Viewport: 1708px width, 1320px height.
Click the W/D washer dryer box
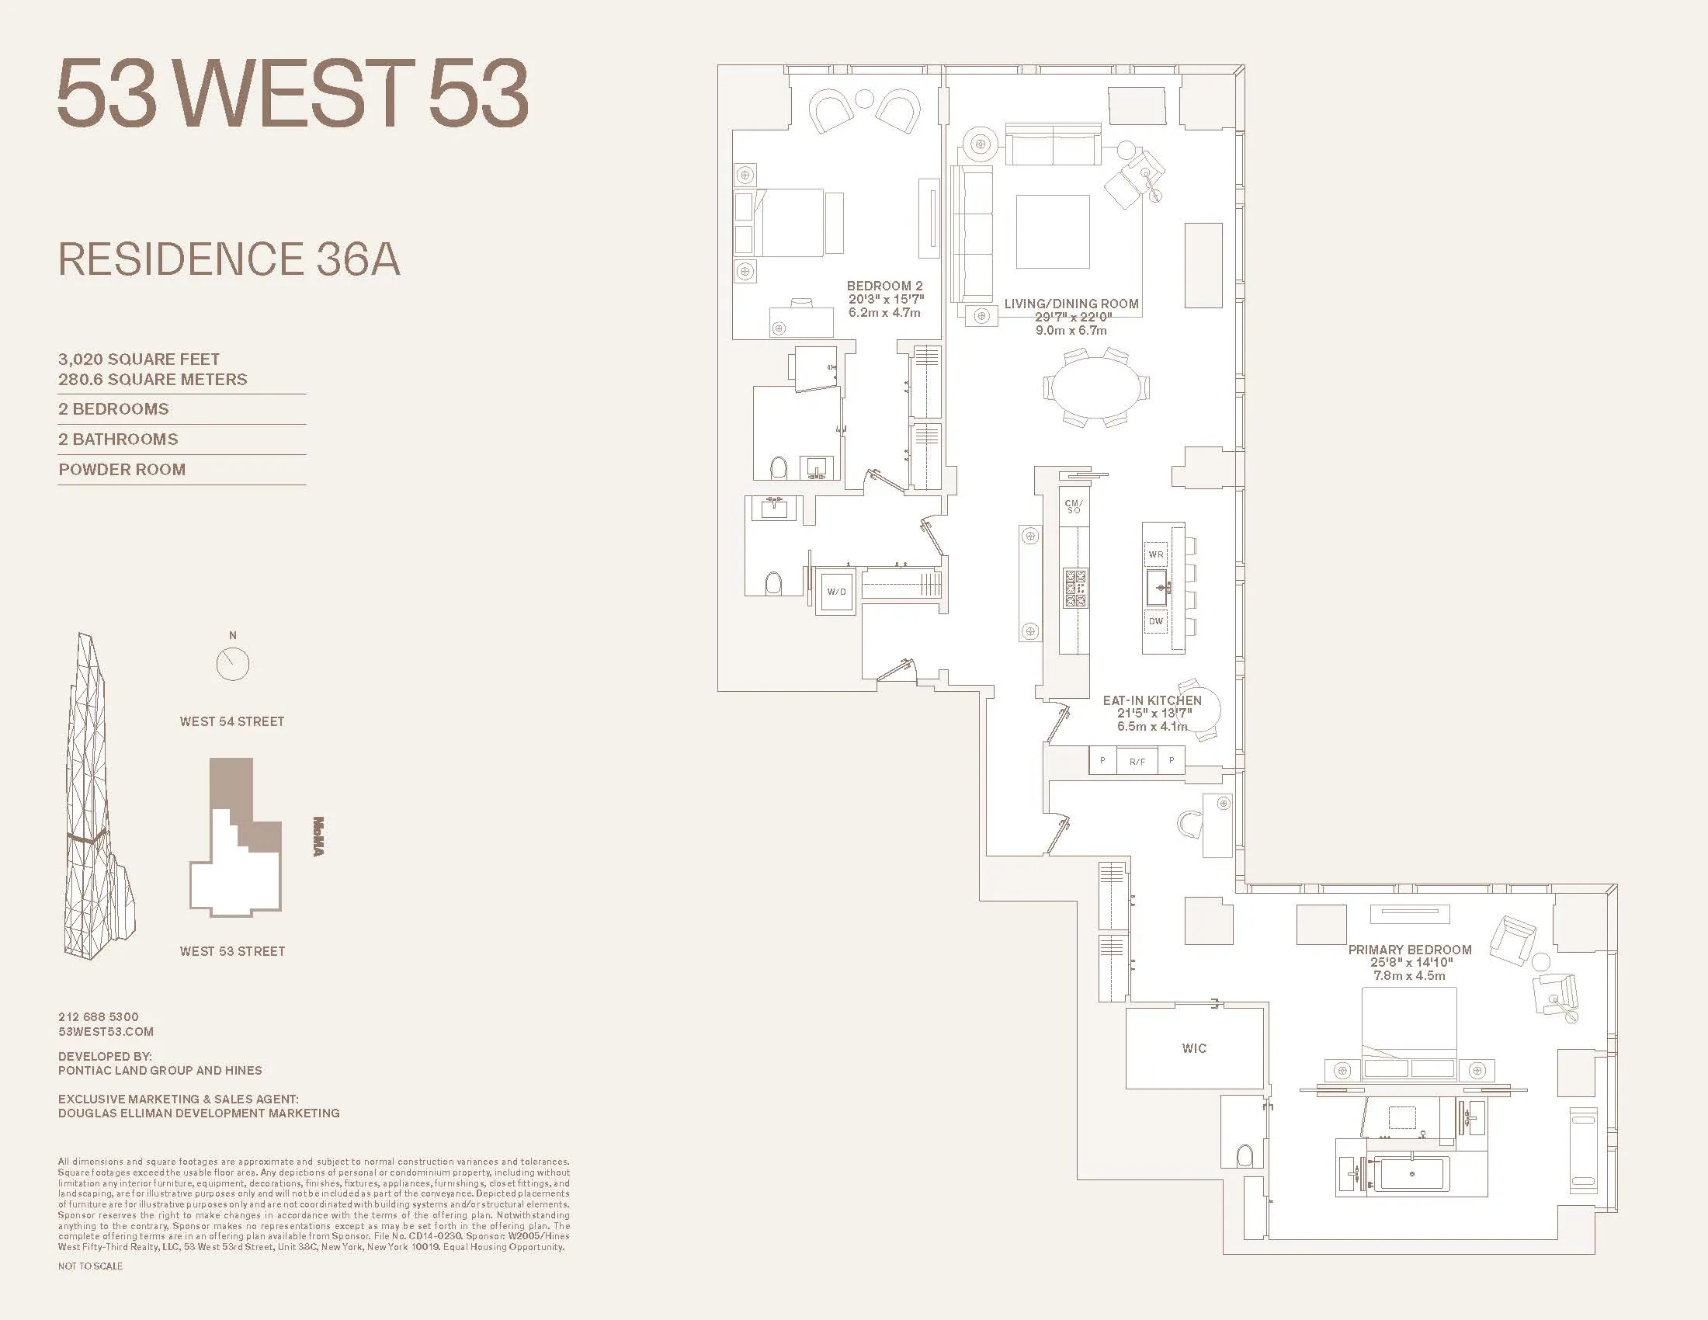click(836, 592)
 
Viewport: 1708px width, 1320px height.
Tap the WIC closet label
click(1193, 1048)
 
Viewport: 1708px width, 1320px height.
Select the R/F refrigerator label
click(1137, 761)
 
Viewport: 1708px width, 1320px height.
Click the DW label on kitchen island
click(1156, 621)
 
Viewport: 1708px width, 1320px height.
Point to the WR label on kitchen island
click(1156, 554)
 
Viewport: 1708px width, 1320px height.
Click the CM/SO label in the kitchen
click(1074, 507)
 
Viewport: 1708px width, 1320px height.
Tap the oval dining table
click(1095, 387)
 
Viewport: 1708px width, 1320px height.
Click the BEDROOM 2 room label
click(884, 287)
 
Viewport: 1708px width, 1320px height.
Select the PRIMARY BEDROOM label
click(1409, 950)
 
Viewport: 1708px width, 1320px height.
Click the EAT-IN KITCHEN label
click(1152, 700)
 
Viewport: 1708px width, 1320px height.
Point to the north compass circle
click(232, 665)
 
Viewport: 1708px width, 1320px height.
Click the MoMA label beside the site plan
click(318, 836)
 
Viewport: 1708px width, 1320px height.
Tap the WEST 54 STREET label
click(231, 722)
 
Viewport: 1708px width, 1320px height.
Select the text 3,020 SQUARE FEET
click(139, 359)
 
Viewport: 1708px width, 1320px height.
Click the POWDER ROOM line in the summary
click(122, 469)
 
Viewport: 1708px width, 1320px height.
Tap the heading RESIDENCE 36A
click(229, 259)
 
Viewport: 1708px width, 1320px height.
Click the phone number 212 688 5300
click(99, 1016)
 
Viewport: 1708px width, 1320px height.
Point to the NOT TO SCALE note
click(90, 1266)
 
